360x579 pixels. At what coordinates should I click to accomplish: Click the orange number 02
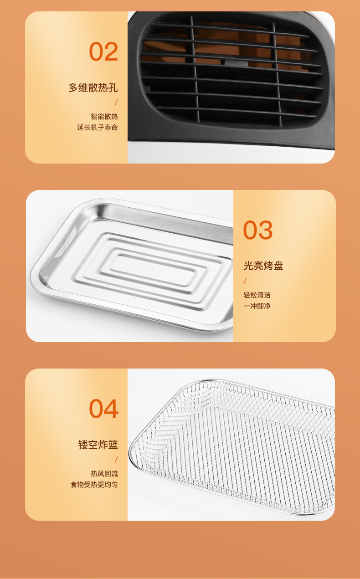[103, 51]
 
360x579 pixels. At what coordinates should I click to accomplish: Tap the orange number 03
[257, 230]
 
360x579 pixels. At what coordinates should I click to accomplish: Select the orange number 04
[103, 409]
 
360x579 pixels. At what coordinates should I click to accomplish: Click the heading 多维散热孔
[93, 87]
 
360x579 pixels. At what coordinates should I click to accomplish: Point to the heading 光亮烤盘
[263, 266]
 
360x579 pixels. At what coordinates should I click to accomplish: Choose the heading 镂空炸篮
[98, 445]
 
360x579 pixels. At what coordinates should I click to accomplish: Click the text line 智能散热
[104, 117]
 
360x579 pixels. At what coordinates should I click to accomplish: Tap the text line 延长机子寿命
[98, 128]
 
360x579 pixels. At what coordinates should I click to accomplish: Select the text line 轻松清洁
[257, 295]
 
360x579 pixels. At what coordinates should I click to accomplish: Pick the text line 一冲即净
[257, 306]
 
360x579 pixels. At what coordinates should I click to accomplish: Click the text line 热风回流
[104, 474]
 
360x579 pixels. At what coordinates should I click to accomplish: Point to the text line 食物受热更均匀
[94, 485]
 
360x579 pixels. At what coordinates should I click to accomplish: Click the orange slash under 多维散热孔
[116, 102]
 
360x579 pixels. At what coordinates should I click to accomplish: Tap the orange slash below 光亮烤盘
[245, 281]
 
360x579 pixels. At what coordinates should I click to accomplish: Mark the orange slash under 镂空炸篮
[116, 460]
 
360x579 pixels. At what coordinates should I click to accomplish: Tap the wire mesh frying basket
[237, 446]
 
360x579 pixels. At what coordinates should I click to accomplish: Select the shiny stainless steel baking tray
[132, 264]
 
